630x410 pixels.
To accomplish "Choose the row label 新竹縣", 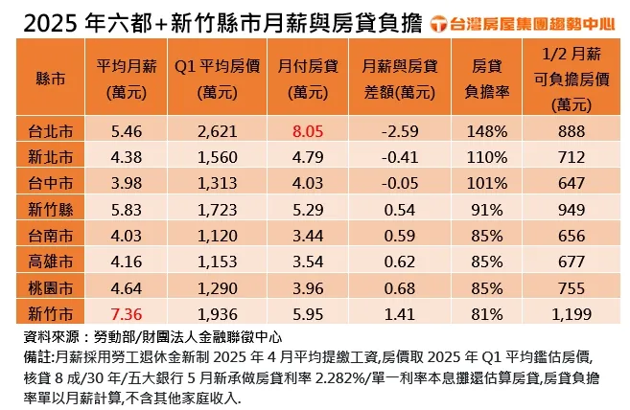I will [49, 207].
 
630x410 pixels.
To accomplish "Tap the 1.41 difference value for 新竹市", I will [395, 311].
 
